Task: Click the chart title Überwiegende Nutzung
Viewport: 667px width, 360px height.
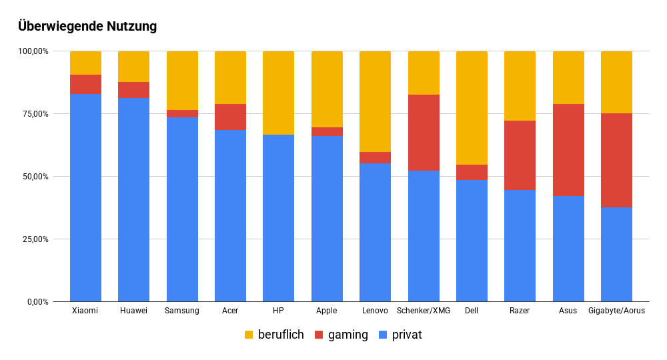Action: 87,27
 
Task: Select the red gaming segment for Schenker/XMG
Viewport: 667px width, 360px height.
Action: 424,133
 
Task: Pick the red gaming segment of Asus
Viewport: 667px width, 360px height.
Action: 568,150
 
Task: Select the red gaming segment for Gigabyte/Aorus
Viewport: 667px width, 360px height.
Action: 616,161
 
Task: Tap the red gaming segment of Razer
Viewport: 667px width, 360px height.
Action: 520,155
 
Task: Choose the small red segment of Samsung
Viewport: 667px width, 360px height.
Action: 182,113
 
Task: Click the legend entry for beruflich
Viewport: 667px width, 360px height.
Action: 274,335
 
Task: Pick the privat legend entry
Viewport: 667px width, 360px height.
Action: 400,335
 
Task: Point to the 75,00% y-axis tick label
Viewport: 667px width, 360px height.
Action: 33,114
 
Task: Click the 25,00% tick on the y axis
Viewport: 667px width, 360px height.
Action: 33,239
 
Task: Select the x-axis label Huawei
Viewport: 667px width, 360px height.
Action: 133,311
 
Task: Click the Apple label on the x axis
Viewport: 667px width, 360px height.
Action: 327,311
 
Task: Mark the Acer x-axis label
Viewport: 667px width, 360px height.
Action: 230,311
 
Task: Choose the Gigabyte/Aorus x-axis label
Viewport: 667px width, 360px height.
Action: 616,311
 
